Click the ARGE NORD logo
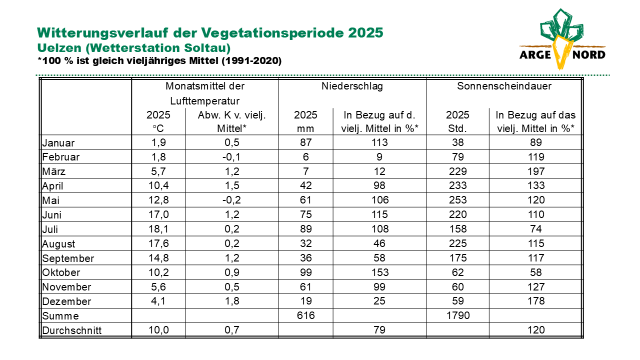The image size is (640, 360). (562, 39)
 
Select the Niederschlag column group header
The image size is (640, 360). (352, 86)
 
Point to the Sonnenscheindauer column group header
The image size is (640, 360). (504, 86)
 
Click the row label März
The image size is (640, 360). (53, 171)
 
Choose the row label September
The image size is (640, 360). (68, 258)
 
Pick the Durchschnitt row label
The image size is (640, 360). (71, 330)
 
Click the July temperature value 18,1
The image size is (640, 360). (158, 229)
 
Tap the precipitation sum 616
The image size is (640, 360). (305, 315)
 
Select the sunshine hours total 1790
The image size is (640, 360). (458, 315)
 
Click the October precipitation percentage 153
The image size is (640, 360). (379, 272)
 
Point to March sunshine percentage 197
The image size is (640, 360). (536, 171)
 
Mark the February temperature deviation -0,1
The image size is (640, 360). (231, 157)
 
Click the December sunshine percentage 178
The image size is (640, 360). (536, 301)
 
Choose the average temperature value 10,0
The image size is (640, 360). (158, 330)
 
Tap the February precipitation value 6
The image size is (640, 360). (305, 157)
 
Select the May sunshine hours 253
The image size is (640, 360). (458, 200)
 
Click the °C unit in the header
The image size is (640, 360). (158, 128)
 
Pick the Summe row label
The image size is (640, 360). (60, 316)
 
